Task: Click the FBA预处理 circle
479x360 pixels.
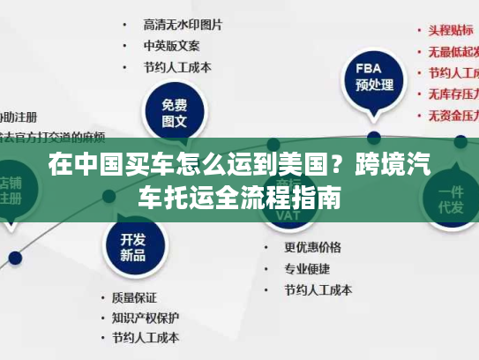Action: (373, 77)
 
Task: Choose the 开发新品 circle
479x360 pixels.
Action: (133, 247)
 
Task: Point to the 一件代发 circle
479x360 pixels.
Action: (453, 199)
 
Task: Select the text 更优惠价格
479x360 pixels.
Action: (312, 247)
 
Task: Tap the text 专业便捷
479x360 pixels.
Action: (306, 267)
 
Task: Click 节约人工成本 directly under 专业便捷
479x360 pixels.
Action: (318, 289)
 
